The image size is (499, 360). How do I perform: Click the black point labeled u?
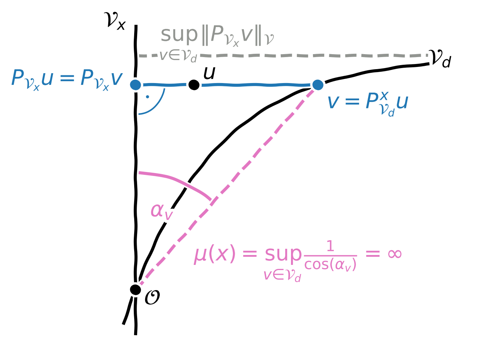click(x=194, y=85)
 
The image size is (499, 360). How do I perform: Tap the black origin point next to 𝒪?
click(x=135, y=289)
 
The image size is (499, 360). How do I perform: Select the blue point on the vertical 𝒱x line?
click(x=136, y=85)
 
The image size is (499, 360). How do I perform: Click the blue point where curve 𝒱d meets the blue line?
click(x=318, y=85)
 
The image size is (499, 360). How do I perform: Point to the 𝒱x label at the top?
click(x=115, y=20)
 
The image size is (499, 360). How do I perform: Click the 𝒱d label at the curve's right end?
click(x=440, y=59)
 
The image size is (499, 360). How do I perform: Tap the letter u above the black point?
click(x=209, y=73)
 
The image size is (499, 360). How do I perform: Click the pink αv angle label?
click(x=161, y=211)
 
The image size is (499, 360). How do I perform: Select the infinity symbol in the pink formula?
click(x=394, y=254)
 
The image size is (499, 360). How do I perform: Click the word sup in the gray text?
click(x=179, y=35)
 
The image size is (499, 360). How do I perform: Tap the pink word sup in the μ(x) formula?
click(x=283, y=254)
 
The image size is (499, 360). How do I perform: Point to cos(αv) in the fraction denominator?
click(x=330, y=265)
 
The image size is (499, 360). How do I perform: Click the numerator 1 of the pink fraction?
click(x=330, y=246)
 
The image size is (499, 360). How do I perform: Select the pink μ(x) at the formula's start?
click(x=215, y=254)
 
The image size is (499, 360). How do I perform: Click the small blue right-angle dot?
click(x=147, y=97)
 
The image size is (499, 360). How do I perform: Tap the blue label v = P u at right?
click(x=368, y=102)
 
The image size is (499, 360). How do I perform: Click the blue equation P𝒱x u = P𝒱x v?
click(x=67, y=79)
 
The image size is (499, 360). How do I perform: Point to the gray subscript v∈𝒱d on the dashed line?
click(x=178, y=56)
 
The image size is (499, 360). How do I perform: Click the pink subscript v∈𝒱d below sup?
click(x=282, y=275)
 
